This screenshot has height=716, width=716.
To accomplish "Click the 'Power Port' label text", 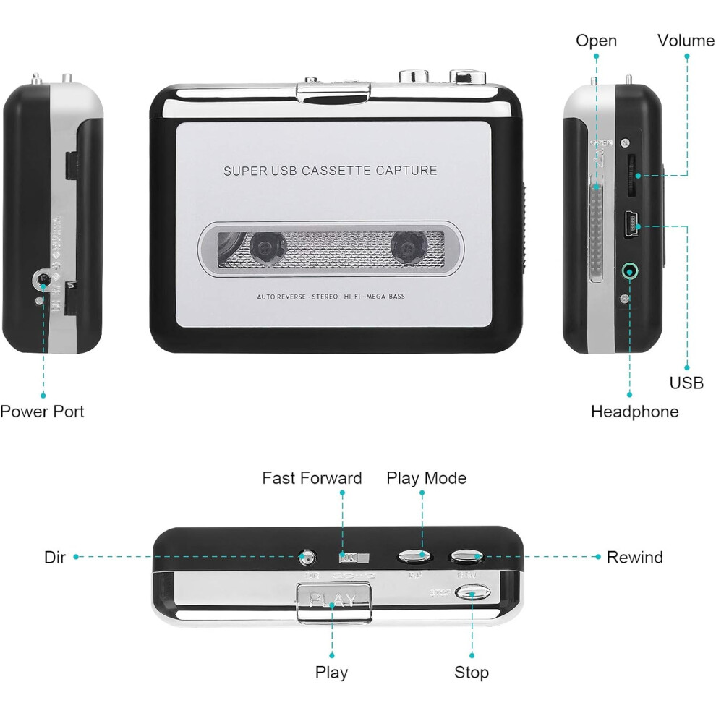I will pyautogui.click(x=42, y=412).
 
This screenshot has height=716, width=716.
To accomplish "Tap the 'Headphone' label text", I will pyautogui.click(x=634, y=412).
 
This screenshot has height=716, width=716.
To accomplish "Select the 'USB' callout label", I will pyautogui.click(x=686, y=383).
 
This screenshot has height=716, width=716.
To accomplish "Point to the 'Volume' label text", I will pyautogui.click(x=686, y=41).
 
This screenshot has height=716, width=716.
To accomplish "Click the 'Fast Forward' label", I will pyautogui.click(x=312, y=478).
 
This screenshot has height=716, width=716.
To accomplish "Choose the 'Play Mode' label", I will pyautogui.click(x=426, y=478).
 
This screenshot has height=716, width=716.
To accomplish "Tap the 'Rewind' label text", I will pyautogui.click(x=634, y=558).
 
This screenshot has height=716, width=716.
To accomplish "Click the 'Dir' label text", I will pyautogui.click(x=55, y=558).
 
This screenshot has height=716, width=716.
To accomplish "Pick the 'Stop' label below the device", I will pyautogui.click(x=472, y=673).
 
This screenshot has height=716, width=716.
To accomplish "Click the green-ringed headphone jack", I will pyautogui.click(x=631, y=272).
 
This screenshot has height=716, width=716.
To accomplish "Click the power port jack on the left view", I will pyautogui.click(x=43, y=279).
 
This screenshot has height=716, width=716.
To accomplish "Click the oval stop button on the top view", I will pyautogui.click(x=473, y=594).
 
